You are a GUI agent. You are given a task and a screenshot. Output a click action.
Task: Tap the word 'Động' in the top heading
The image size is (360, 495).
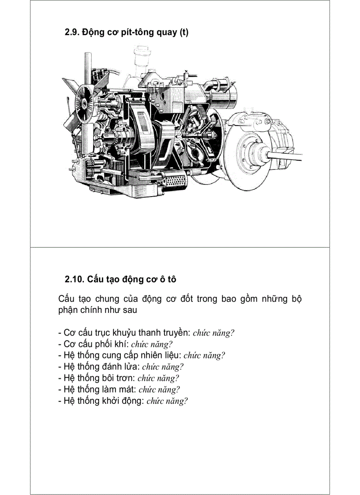pos(92,32)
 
